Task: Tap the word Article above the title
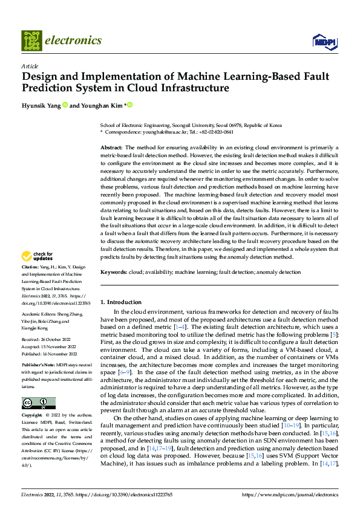pos(30,66)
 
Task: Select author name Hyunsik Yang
pos(41,105)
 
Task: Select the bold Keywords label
pos(114,273)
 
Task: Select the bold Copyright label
pos(32,416)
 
